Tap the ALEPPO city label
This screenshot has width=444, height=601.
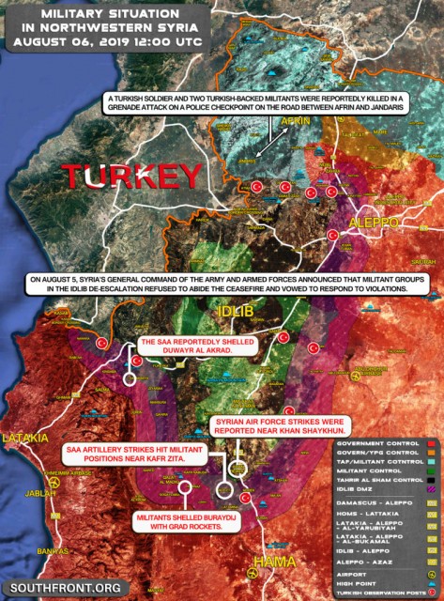(x=375, y=223)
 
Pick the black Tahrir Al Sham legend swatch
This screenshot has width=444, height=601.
(x=431, y=479)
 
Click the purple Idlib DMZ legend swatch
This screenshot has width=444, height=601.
(x=431, y=491)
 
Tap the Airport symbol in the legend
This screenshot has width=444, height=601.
(x=431, y=569)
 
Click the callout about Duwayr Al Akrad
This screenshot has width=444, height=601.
(x=196, y=345)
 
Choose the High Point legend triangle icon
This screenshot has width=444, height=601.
(x=431, y=580)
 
